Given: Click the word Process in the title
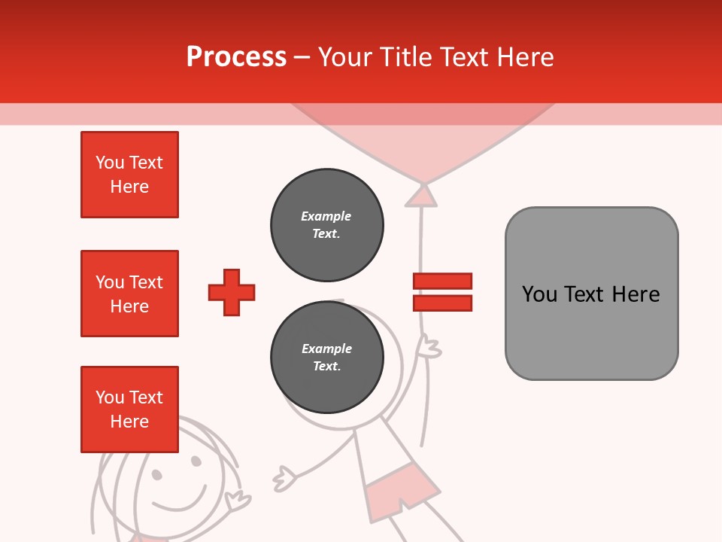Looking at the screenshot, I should [x=236, y=57].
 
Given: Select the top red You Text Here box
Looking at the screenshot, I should [x=129, y=175].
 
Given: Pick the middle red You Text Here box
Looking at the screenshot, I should [x=129, y=294].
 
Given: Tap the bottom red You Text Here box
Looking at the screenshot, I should [x=129, y=410].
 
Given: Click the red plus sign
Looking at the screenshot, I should [x=232, y=292].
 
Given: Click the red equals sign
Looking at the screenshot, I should [x=442, y=292].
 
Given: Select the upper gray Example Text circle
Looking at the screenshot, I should [x=326, y=225].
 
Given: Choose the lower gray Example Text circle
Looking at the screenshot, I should [x=326, y=358].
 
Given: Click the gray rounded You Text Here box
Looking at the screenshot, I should [x=591, y=294].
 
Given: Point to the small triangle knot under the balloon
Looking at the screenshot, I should [x=422, y=196].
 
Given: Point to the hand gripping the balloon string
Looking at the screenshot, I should [x=430, y=347].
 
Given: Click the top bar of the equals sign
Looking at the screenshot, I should [x=442, y=282].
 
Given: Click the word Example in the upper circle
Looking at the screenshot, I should [x=326, y=216].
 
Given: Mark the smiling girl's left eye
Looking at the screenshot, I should [x=156, y=474].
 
